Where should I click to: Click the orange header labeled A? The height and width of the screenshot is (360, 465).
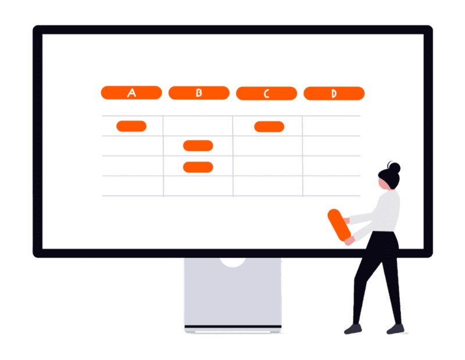(131, 93)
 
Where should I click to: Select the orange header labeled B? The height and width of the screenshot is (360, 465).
(199, 93)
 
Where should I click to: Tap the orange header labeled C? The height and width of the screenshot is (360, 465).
(267, 93)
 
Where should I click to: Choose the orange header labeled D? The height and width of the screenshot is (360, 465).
(334, 93)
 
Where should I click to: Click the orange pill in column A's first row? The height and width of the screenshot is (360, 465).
(131, 126)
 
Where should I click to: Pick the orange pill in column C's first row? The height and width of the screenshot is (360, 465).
(269, 127)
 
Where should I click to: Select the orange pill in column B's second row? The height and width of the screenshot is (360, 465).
(198, 146)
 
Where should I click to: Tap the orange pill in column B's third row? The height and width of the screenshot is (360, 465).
(198, 167)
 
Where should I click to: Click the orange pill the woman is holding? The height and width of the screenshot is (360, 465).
(339, 225)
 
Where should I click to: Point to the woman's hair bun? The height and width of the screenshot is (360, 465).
(395, 168)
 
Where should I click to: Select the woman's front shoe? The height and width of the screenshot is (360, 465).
(353, 329)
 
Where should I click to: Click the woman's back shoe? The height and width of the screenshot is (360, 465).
(396, 329)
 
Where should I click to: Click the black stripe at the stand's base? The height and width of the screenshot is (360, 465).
(233, 326)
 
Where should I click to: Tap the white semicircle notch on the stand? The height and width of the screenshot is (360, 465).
(233, 262)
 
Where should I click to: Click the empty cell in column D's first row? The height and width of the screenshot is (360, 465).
(331, 126)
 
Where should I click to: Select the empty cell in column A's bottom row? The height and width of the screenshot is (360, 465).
(133, 186)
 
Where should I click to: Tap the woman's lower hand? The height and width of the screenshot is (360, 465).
(350, 240)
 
